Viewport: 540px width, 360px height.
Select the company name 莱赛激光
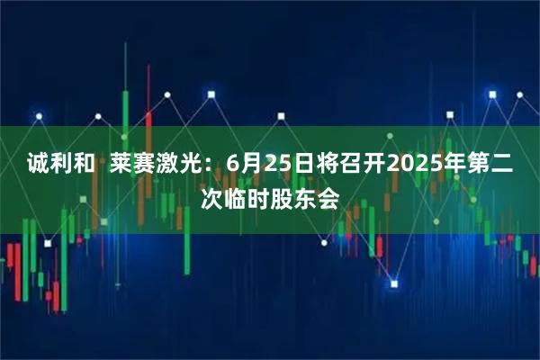(x=161, y=165)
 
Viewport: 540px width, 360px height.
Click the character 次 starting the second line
(x=212, y=198)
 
